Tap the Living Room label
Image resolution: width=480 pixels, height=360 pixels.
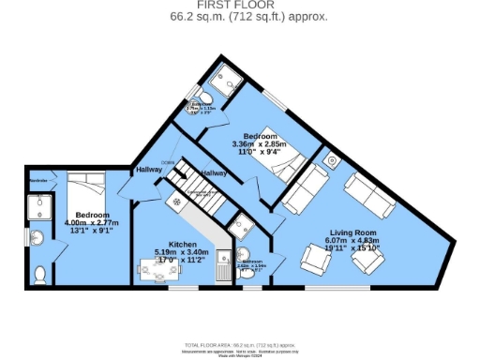coord(352,232)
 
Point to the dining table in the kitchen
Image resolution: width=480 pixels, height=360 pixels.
coord(160,271)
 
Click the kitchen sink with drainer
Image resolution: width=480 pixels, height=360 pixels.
coord(222,266)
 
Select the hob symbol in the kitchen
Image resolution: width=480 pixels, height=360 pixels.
coord(175,202)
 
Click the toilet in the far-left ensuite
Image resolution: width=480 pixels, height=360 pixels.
coord(39,274)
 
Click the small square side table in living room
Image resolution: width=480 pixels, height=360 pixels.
coord(333,160)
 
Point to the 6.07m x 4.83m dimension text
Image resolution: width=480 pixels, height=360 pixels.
coord(352,241)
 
